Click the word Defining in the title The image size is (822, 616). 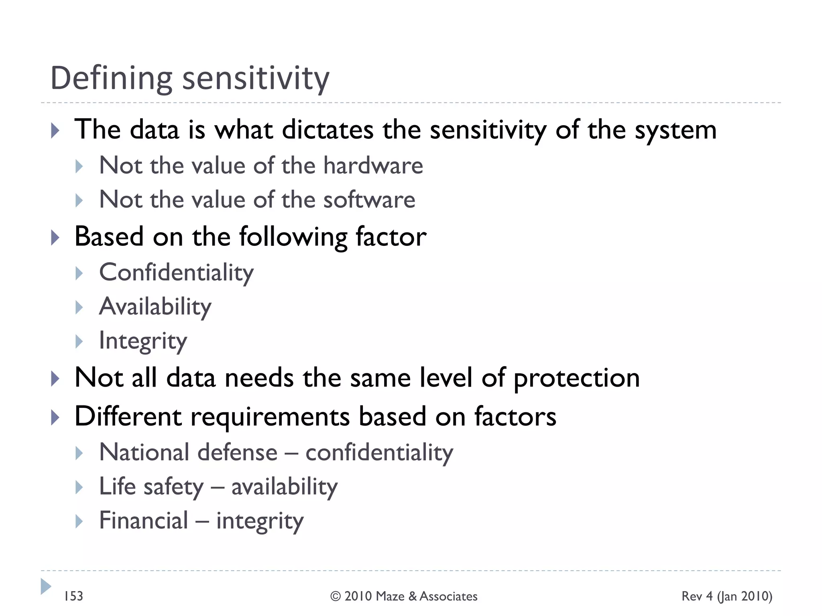(x=111, y=79)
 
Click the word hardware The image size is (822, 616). (x=373, y=166)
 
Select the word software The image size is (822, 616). (x=369, y=200)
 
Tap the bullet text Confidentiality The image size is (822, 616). (x=176, y=273)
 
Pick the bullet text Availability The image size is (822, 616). (x=155, y=307)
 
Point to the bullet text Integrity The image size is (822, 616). (x=143, y=341)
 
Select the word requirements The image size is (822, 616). (x=270, y=417)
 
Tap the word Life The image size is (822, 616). (x=117, y=487)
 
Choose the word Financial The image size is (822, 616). (x=143, y=521)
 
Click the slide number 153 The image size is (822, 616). (x=73, y=596)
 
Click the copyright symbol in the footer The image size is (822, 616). (x=336, y=596)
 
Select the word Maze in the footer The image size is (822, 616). (x=390, y=596)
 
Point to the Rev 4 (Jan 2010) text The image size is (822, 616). (x=726, y=596)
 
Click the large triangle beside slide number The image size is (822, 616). (x=46, y=586)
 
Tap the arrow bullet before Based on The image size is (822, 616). (x=55, y=238)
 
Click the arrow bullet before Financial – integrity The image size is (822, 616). (x=79, y=521)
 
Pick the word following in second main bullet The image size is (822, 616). (x=293, y=237)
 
